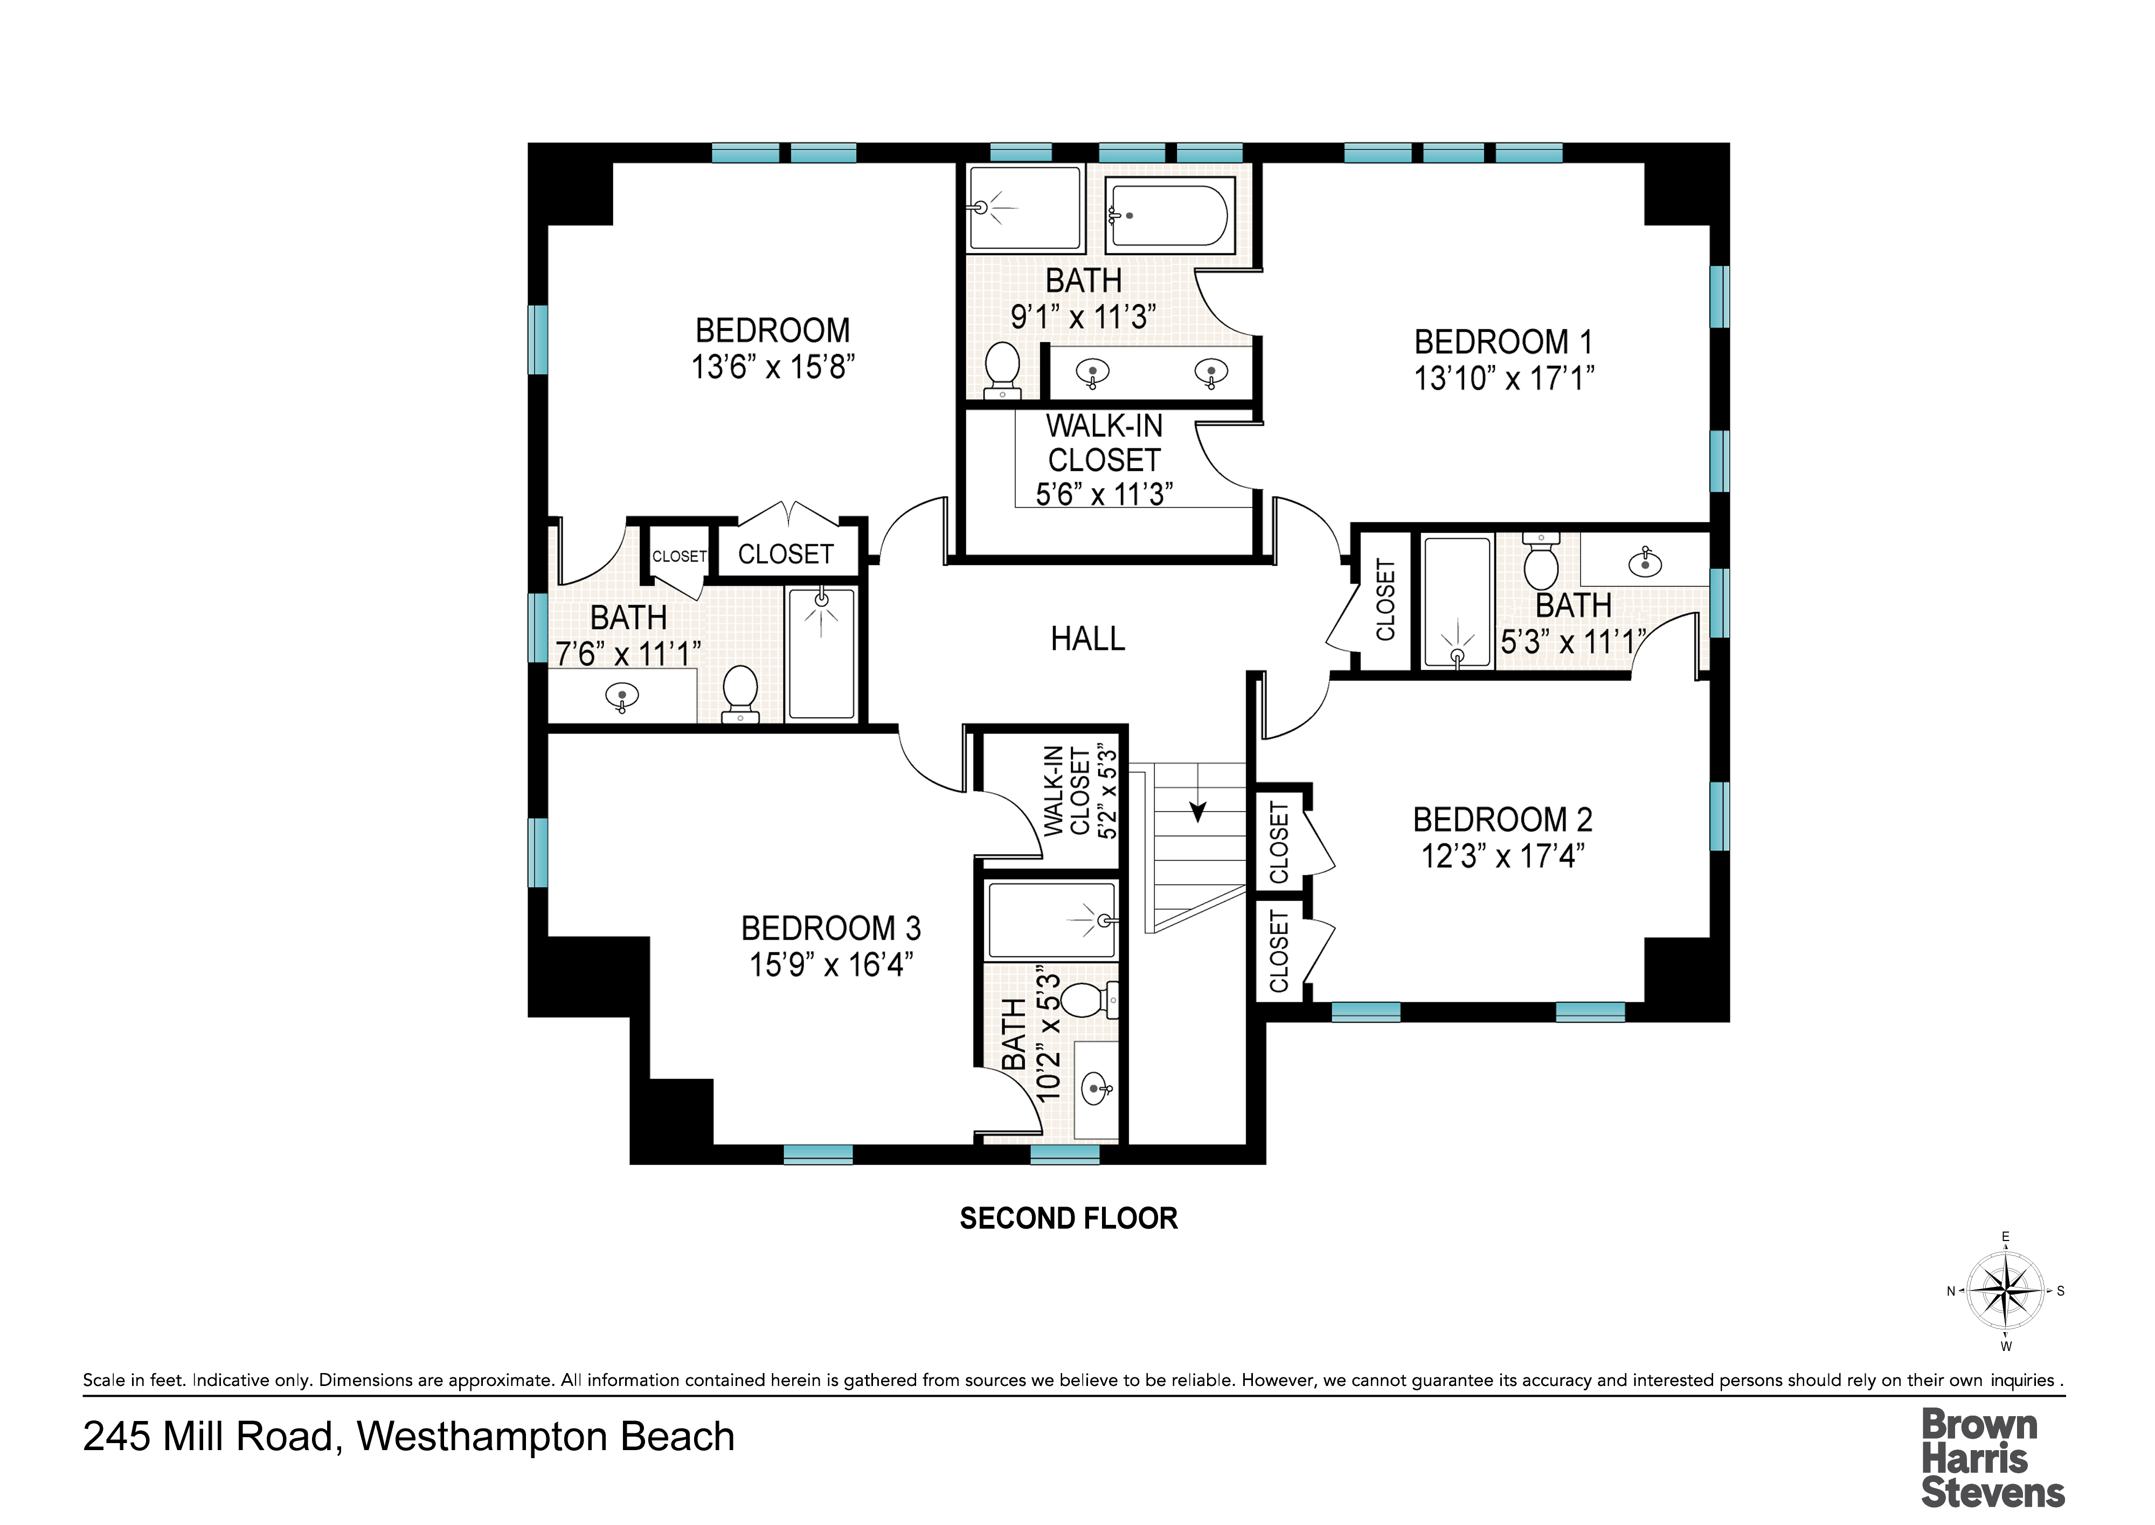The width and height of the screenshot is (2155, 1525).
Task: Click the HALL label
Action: (1087, 639)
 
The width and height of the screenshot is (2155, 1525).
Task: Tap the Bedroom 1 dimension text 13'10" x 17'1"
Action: (1504, 378)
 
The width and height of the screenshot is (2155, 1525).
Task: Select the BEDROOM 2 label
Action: (1502, 820)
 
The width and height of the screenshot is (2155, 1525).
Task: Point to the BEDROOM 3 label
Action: (831, 928)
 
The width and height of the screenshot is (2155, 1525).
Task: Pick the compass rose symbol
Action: (2006, 1291)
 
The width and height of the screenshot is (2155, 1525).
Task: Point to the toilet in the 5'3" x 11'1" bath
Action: (1541, 560)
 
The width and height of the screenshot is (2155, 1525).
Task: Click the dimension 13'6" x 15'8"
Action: (773, 367)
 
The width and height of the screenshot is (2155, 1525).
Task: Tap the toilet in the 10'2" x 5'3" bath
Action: (1090, 1000)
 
